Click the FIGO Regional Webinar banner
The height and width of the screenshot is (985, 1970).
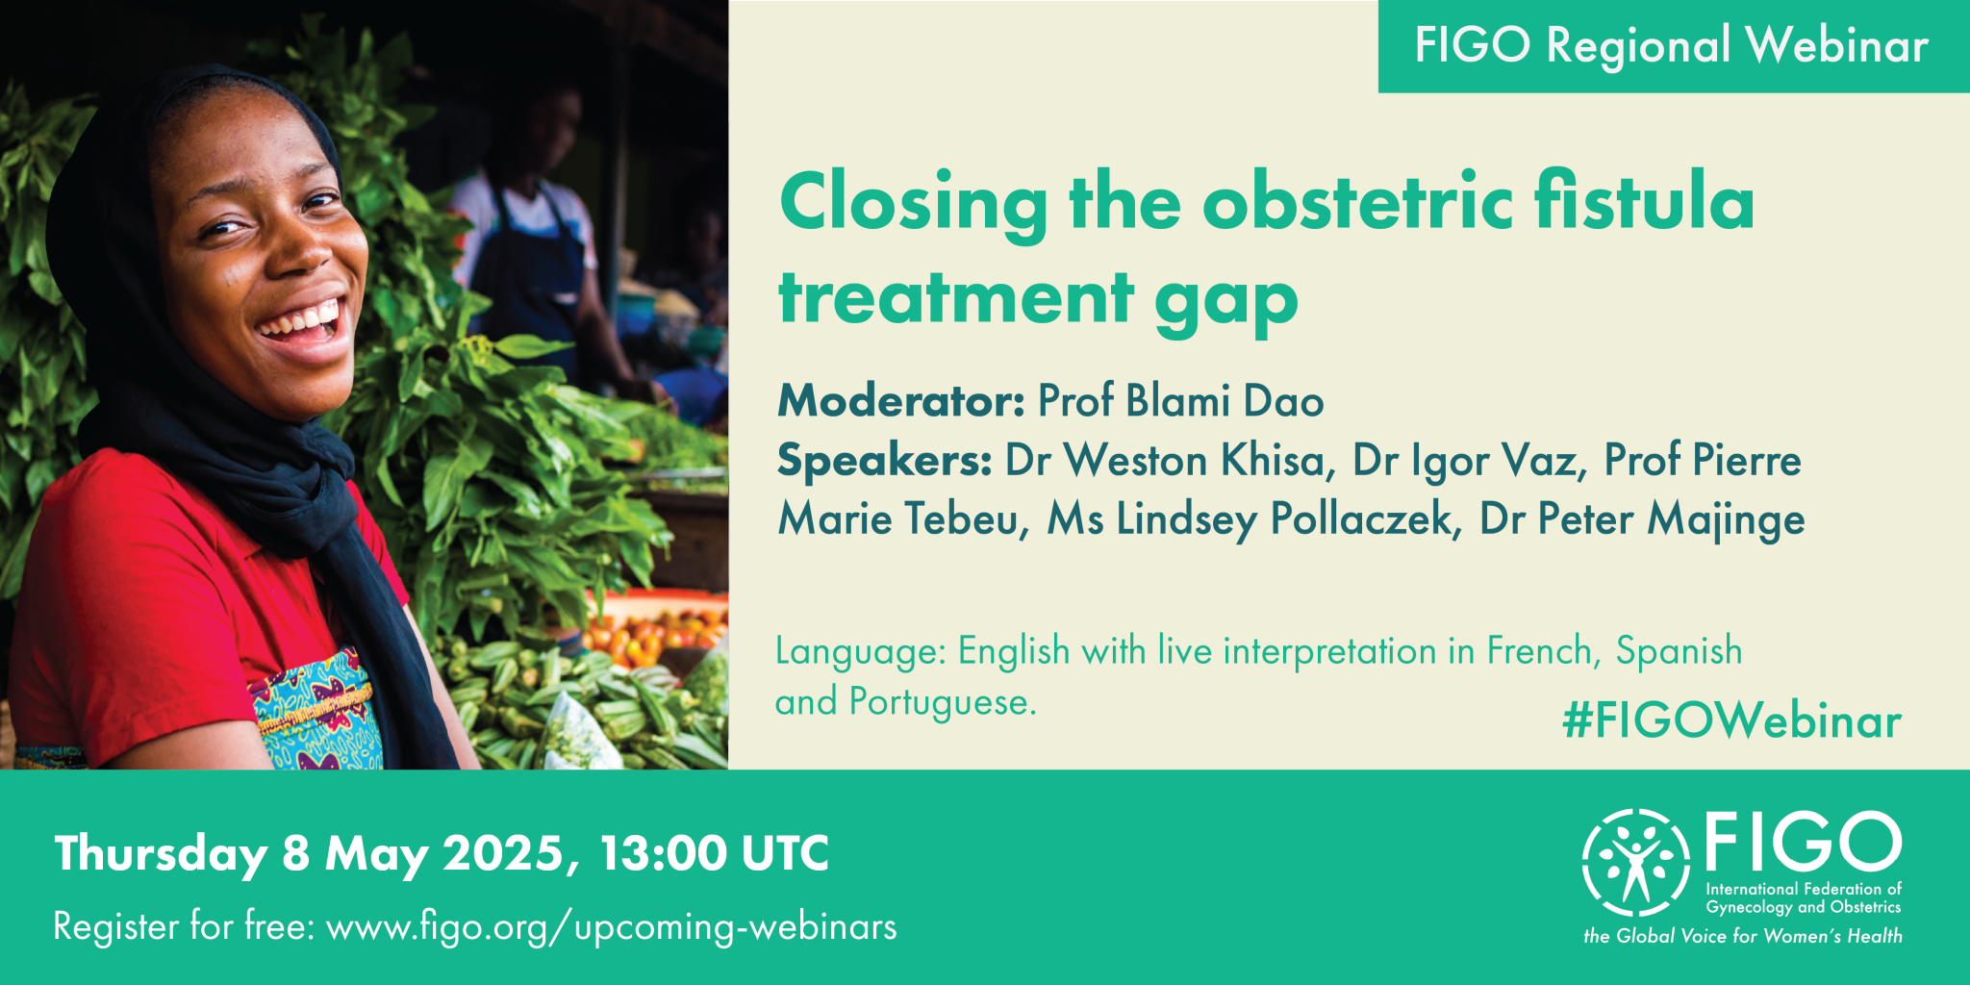click(x=1674, y=46)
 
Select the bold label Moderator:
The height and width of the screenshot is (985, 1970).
click(x=901, y=401)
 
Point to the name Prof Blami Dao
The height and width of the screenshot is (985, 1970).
click(x=1181, y=401)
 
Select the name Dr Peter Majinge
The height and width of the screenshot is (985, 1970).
click(x=1642, y=519)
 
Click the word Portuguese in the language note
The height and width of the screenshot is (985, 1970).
click(x=943, y=703)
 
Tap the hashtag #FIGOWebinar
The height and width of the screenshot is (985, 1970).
click(x=1732, y=721)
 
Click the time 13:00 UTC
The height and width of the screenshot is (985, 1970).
click(x=714, y=853)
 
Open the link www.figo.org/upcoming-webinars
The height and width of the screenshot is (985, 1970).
click(x=612, y=927)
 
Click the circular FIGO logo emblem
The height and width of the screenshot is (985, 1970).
click(x=1635, y=862)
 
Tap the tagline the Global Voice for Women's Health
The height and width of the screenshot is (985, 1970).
click(x=1743, y=936)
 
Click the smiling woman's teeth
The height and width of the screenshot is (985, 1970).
click(x=301, y=320)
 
